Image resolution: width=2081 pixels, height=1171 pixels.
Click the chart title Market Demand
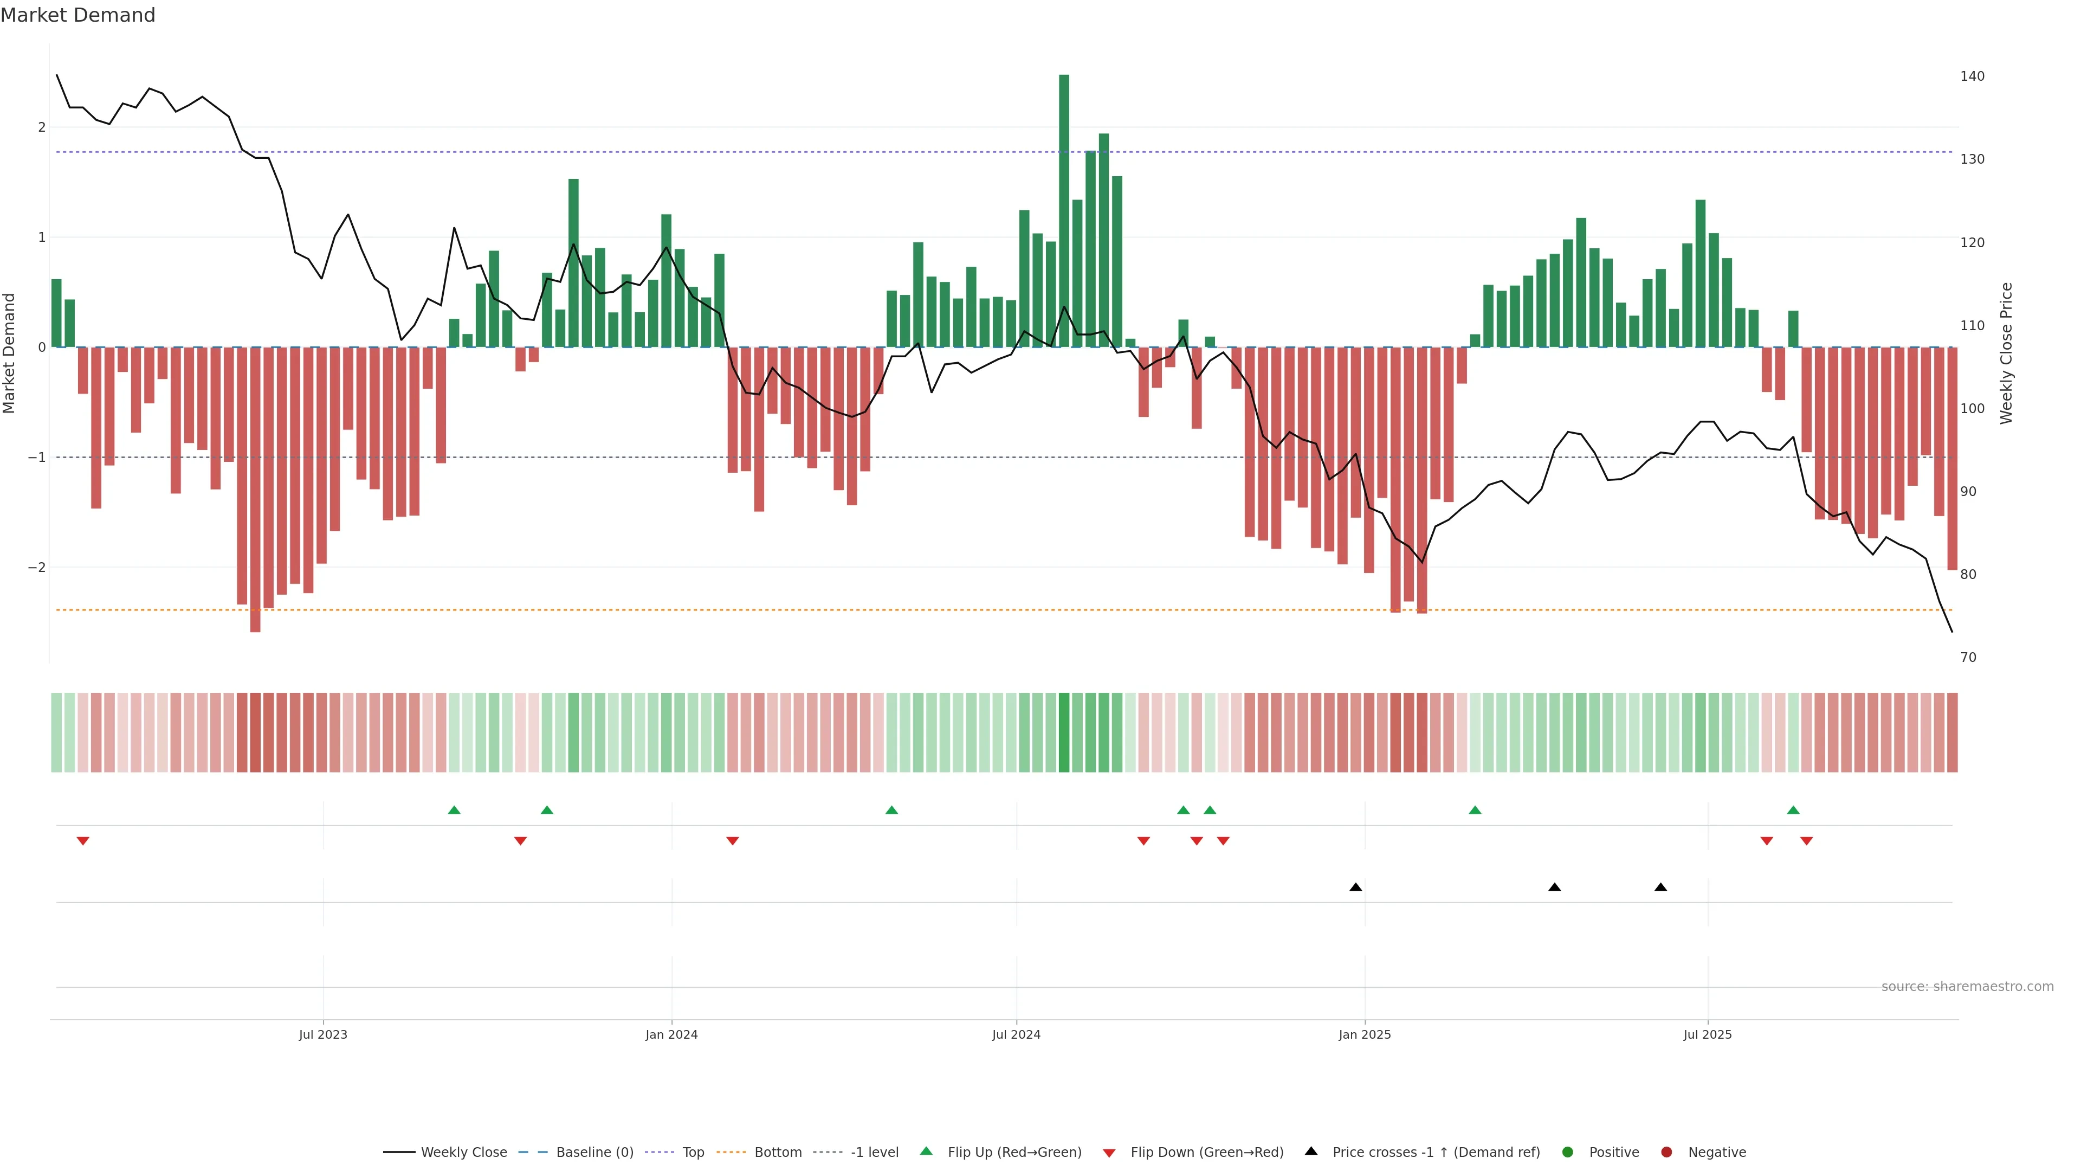[77, 15]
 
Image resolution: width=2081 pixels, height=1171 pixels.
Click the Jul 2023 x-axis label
[323, 1034]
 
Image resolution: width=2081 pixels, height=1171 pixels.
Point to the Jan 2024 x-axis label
[671, 1034]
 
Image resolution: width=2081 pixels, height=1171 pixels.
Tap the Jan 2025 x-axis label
[1365, 1034]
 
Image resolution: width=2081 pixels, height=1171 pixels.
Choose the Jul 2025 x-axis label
[1707, 1034]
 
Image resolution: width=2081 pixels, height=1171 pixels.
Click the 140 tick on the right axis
[1972, 76]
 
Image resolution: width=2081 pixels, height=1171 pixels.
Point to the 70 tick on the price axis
[1968, 657]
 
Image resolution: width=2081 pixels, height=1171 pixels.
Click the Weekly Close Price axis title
[2007, 353]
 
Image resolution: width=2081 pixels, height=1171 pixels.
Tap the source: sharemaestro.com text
[1967, 987]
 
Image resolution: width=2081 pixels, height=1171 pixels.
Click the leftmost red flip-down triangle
[82, 841]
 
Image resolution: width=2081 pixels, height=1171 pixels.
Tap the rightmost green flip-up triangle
[1793, 810]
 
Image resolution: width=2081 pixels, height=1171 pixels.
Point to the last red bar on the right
[1951, 458]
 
